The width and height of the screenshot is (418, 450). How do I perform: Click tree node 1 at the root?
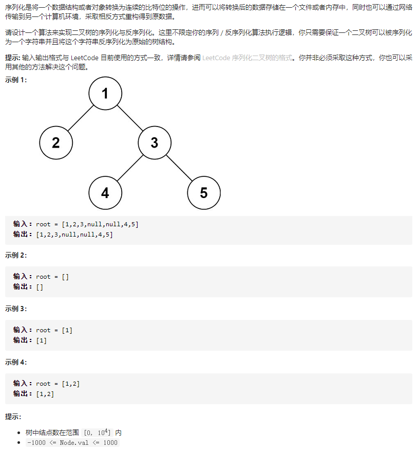(x=105, y=94)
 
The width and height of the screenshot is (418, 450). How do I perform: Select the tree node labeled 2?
(x=55, y=143)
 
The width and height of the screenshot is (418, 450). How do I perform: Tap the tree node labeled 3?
(x=155, y=143)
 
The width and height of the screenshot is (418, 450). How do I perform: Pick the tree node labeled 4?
(x=105, y=193)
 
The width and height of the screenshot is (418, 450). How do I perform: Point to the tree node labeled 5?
(x=204, y=193)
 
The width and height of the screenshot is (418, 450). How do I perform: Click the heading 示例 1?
(x=16, y=80)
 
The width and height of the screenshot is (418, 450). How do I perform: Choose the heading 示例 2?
(x=16, y=255)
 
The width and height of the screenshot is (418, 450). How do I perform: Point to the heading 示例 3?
(x=16, y=309)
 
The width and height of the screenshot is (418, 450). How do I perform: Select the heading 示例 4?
(x=16, y=362)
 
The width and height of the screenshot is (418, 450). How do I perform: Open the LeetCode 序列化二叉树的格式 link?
(x=247, y=58)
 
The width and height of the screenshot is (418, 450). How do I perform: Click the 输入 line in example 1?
(x=76, y=224)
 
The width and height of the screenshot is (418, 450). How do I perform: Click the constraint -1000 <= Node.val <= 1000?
(x=72, y=443)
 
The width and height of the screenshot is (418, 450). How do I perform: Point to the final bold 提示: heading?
(x=13, y=416)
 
